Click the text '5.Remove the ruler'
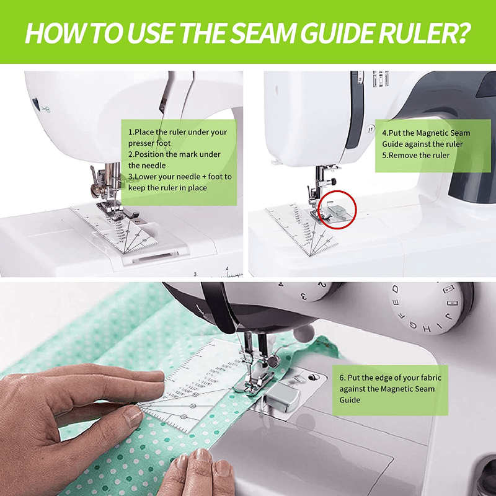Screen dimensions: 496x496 point(415,156)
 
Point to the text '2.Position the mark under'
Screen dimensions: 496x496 point(174,154)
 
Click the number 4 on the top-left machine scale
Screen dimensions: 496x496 point(228,268)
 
